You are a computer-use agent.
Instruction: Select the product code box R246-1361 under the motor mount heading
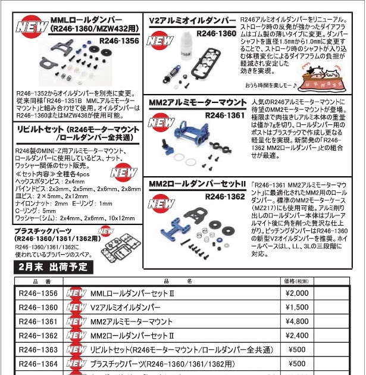coord(224,115)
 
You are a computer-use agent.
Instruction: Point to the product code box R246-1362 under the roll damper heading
coord(224,196)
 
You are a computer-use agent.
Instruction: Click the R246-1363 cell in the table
coord(38,350)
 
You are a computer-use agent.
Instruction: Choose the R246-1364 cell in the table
coord(38,364)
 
